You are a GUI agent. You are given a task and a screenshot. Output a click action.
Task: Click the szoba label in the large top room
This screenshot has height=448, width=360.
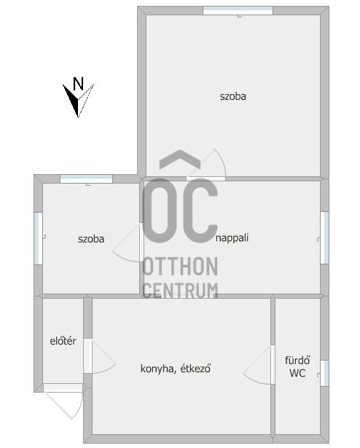click(x=232, y=96)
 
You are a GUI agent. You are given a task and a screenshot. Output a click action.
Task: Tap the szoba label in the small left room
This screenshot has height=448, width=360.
click(x=91, y=238)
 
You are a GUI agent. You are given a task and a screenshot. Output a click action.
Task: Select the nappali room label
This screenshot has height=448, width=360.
click(x=232, y=237)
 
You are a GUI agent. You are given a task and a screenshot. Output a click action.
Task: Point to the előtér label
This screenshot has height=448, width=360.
click(x=63, y=341)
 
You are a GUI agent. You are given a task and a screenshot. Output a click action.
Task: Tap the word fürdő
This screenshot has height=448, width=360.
click(x=297, y=360)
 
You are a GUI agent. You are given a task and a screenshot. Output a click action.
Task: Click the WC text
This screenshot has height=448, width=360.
click(x=297, y=374)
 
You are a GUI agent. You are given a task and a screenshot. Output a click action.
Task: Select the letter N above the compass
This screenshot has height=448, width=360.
click(x=79, y=83)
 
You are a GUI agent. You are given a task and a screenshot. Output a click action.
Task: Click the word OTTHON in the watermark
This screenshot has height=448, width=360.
click(x=180, y=267)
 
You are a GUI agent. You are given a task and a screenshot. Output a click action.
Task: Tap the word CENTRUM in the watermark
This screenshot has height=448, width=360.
click(x=180, y=289)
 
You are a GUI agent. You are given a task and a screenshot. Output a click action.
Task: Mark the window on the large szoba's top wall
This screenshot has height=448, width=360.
click(x=238, y=10)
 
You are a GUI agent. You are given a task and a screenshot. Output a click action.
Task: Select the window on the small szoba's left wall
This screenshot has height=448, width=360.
click(x=38, y=238)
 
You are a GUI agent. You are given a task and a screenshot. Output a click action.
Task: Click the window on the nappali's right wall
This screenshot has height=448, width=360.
click(x=324, y=237)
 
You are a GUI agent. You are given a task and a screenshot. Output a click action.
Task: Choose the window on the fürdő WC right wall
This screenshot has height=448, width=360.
click(x=324, y=372)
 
